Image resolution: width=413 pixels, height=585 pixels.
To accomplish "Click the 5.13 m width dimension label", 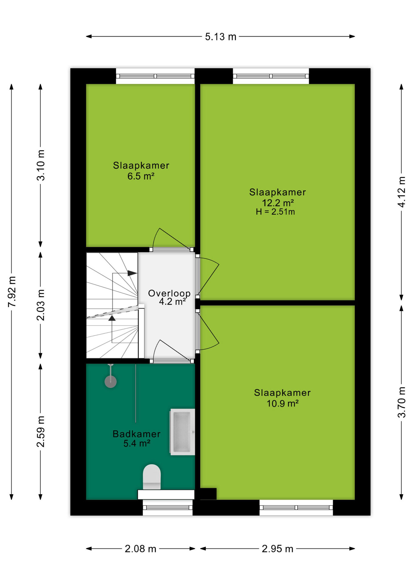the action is [220, 37].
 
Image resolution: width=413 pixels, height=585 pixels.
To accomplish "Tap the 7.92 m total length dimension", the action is [12, 292].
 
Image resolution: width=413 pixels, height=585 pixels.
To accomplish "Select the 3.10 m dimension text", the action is [41, 165].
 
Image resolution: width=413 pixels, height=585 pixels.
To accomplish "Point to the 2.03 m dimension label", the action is [41, 305].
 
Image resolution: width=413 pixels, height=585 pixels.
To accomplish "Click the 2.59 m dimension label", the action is [41, 431].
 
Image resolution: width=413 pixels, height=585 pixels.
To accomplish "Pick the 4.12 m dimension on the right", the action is [402, 192].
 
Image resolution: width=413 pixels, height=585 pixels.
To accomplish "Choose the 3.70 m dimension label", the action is [402, 402].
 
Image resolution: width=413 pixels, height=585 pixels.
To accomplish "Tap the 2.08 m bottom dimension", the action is [141, 549].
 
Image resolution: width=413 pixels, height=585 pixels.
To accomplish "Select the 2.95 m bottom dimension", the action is [278, 549].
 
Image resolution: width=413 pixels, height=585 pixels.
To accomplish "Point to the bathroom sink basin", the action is [182, 432].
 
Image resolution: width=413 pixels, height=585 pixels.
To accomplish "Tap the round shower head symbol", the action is [110, 381].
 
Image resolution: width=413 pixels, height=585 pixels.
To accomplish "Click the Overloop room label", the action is [169, 293].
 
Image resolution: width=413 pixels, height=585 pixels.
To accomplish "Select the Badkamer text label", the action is [137, 434].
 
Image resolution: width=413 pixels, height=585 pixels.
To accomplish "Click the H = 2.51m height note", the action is [275, 212].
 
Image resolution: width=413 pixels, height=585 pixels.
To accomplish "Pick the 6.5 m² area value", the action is [141, 176].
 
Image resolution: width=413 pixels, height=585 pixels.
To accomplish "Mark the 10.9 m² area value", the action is [283, 403].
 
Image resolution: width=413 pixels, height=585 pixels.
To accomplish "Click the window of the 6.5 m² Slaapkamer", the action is [155, 76].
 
